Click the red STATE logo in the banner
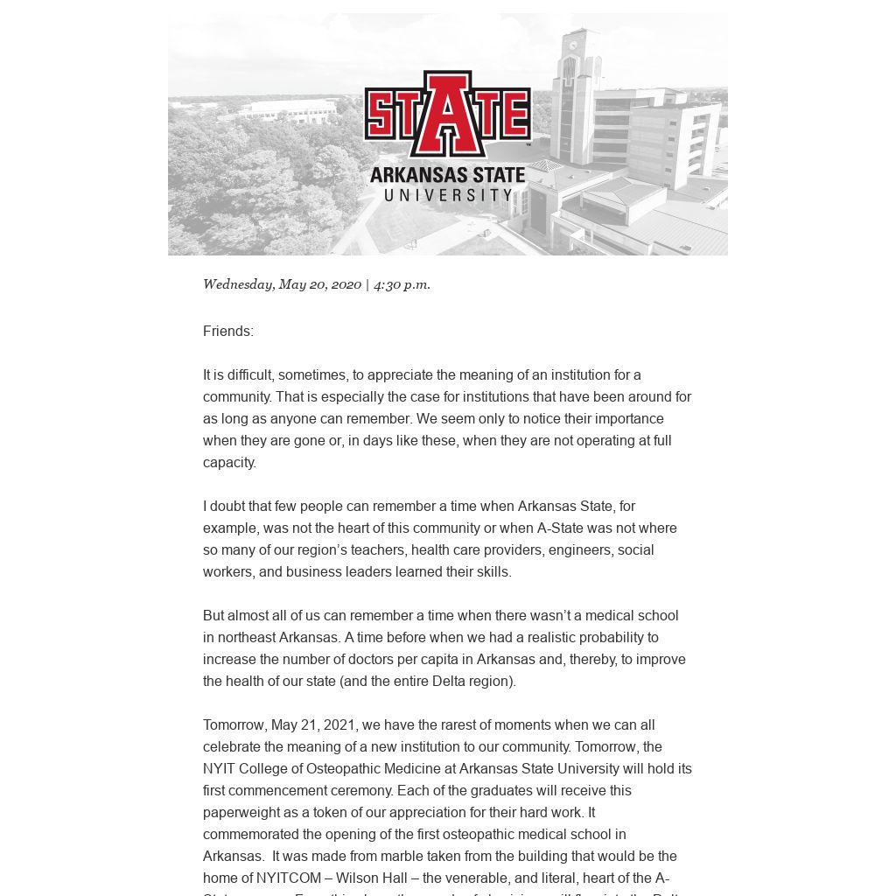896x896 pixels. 447,113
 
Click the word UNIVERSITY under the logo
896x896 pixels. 448,195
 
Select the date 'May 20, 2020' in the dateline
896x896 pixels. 319,284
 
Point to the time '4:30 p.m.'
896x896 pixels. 402,284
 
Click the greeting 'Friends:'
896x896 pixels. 228,331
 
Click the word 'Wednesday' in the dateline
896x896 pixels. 238,284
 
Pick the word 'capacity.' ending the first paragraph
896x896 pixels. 229,462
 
